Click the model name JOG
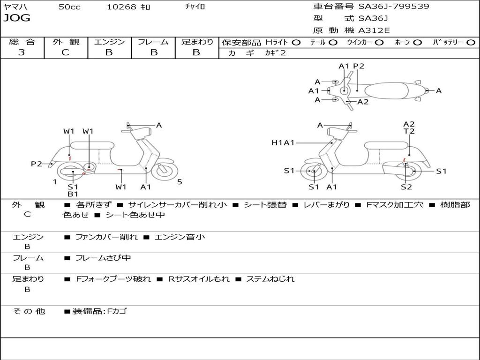point(16,18)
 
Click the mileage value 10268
point(121,7)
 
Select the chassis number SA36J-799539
point(394,7)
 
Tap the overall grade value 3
point(22,52)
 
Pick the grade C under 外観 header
point(66,52)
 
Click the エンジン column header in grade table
point(109,42)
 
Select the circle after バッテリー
point(471,43)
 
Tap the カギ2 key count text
point(275,53)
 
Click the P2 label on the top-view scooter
point(359,66)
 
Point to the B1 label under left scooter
point(73,194)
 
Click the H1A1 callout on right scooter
point(283,142)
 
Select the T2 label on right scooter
point(409,131)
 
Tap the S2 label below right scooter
point(406,187)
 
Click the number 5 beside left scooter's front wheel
point(180,182)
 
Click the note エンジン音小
point(180,237)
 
